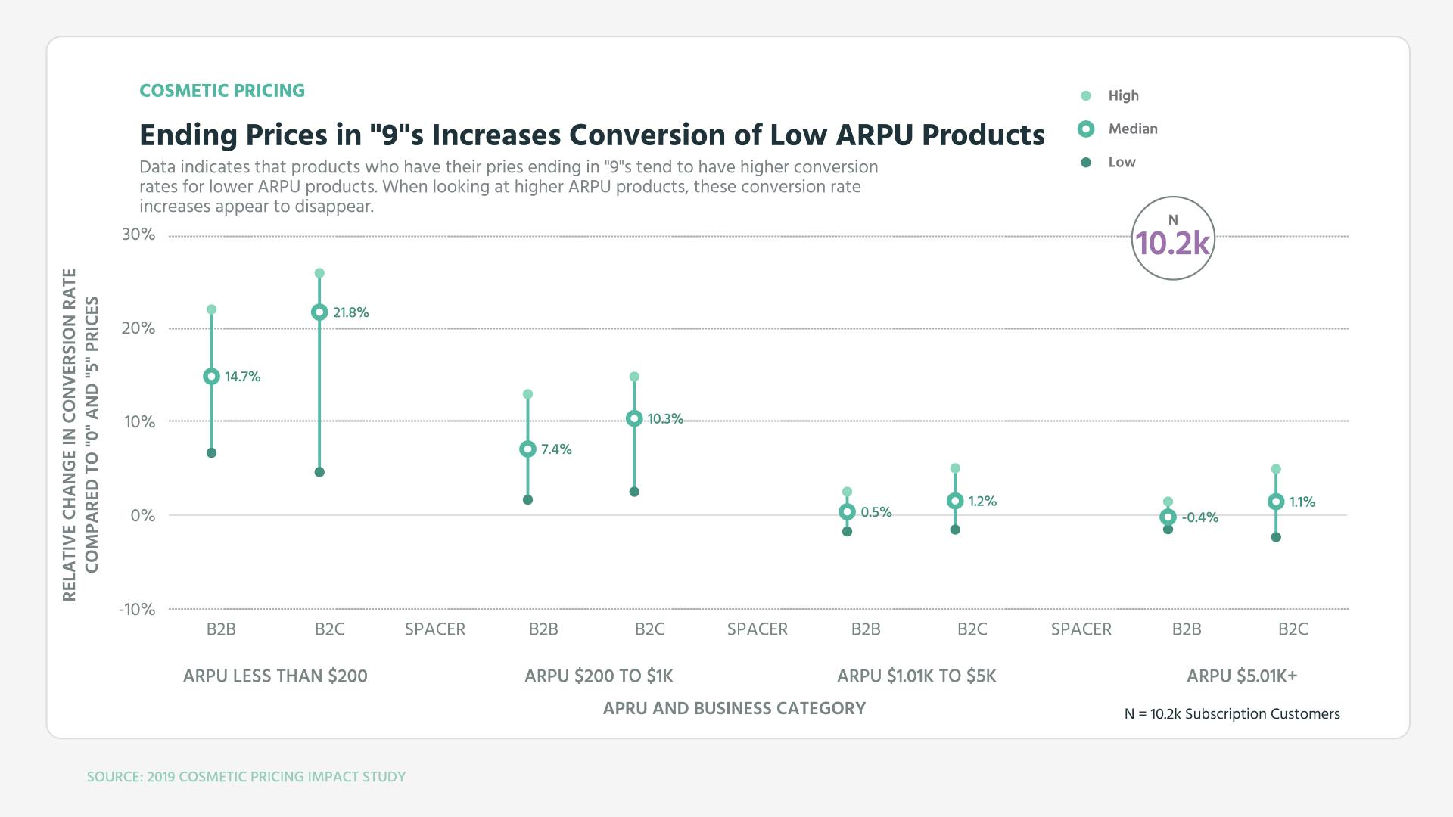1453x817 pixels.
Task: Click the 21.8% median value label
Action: pyautogui.click(x=350, y=312)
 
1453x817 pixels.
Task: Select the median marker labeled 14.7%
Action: pyautogui.click(x=212, y=377)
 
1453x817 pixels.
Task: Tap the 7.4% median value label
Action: pyautogui.click(x=556, y=449)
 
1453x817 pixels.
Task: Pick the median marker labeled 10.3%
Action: pyautogui.click(x=634, y=419)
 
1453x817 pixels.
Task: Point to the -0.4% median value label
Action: pyautogui.click(x=1200, y=517)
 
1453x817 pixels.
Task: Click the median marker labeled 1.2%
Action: pyautogui.click(x=955, y=501)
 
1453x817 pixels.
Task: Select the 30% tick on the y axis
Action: pyautogui.click(x=138, y=235)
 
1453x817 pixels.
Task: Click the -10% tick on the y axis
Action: pyautogui.click(x=137, y=610)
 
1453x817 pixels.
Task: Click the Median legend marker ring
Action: pyautogui.click(x=1086, y=129)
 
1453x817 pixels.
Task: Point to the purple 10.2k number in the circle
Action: pyautogui.click(x=1173, y=243)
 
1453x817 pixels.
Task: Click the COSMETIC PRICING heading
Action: pyautogui.click(x=222, y=91)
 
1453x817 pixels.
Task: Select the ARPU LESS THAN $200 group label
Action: pyautogui.click(x=275, y=676)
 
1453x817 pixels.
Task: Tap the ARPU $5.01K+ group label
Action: pyautogui.click(x=1242, y=676)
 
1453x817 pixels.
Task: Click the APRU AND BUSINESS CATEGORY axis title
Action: pyautogui.click(x=734, y=708)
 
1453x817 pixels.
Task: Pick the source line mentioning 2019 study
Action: pyautogui.click(x=246, y=777)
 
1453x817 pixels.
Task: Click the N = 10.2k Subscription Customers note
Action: pyautogui.click(x=1232, y=714)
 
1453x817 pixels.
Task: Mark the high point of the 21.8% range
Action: pyautogui.click(x=319, y=273)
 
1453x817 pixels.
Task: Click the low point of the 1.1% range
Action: pyautogui.click(x=1276, y=537)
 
